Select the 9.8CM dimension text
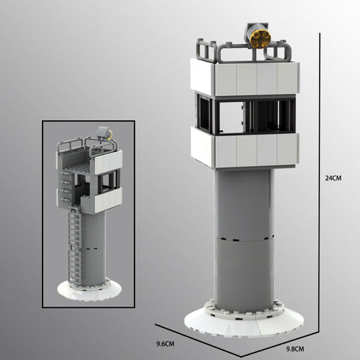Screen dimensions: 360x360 coord(296,349)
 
